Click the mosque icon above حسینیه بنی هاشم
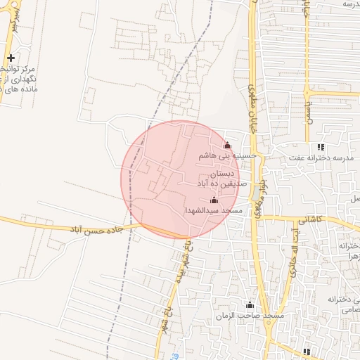(x=226, y=146)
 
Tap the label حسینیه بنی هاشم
(x=221, y=155)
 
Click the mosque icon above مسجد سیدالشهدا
(x=214, y=200)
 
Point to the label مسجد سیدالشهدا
(x=214, y=211)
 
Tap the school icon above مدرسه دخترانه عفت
(x=321, y=148)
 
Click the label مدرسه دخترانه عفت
(x=317, y=158)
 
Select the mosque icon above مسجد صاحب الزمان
(x=249, y=306)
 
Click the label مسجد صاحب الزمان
(x=250, y=316)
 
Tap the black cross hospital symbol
(x=11, y=58)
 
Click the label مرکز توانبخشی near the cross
(x=27, y=70)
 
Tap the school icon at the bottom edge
(x=306, y=352)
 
